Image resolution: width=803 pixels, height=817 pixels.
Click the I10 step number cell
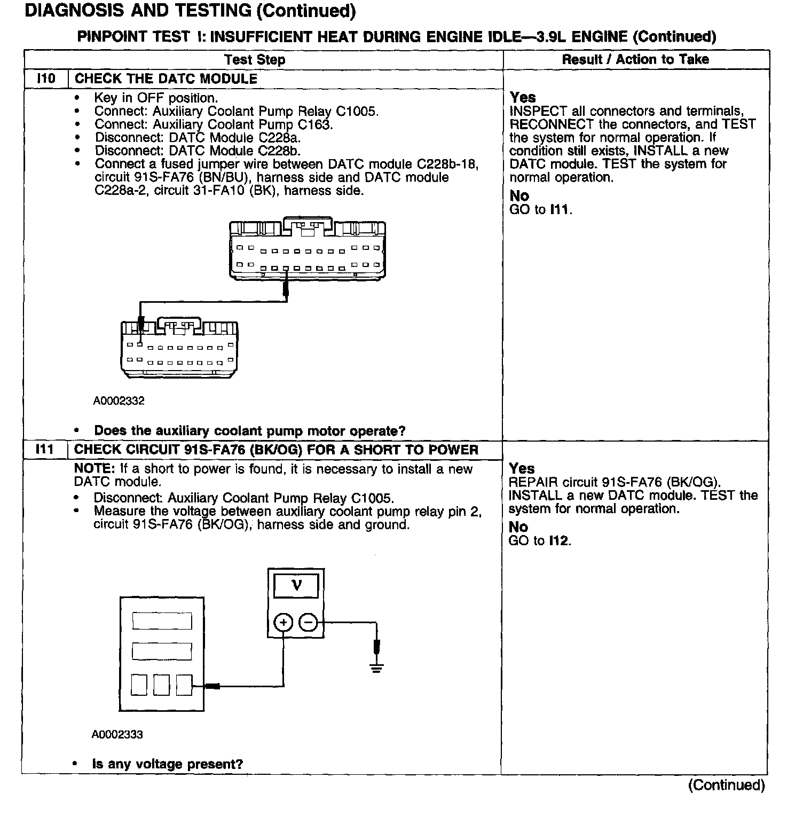click(46, 78)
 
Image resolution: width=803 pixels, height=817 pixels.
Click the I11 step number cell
click(45, 450)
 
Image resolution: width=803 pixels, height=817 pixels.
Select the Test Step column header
click(255, 59)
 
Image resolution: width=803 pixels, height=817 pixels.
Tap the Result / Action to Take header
click(635, 59)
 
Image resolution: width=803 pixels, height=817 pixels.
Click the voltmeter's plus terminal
click(284, 623)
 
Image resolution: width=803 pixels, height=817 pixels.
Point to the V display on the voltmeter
click(296, 586)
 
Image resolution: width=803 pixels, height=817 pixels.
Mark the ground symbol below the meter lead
click(376, 667)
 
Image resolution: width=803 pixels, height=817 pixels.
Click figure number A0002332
click(119, 400)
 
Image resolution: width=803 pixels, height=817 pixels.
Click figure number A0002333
click(117, 734)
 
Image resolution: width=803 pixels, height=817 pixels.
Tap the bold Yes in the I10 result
click(523, 97)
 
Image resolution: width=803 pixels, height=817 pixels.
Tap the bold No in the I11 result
click(518, 527)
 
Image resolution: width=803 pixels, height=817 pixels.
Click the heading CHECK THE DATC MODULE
click(166, 78)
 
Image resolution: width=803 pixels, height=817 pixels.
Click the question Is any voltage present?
click(167, 764)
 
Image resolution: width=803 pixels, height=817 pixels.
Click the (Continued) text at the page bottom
click(727, 785)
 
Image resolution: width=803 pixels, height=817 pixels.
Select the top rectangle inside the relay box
click(162, 621)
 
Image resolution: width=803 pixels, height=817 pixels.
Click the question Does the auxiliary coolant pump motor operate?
click(249, 430)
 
